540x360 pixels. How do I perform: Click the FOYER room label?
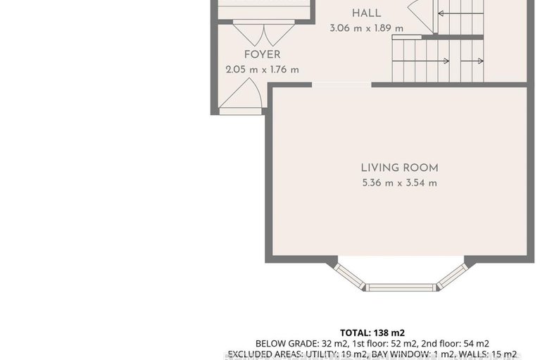click(262, 55)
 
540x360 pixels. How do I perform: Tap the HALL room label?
click(366, 13)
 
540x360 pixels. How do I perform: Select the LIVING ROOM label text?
click(399, 168)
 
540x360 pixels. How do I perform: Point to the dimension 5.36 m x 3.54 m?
click(399, 183)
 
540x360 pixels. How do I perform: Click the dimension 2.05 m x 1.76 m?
click(262, 70)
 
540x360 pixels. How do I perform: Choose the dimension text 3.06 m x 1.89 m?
click(366, 28)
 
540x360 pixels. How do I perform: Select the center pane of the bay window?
click(401, 287)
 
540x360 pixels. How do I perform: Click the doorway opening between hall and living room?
click(341, 85)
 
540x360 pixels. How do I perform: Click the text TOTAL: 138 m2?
click(372, 332)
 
